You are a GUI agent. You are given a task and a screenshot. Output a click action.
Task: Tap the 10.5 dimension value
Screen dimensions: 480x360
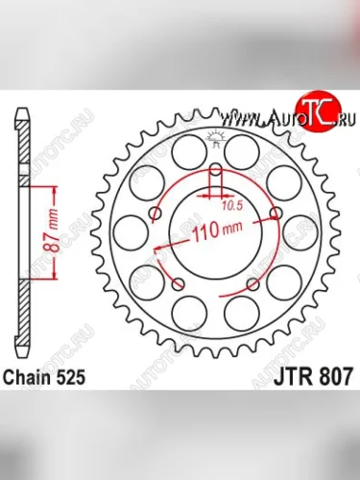231,204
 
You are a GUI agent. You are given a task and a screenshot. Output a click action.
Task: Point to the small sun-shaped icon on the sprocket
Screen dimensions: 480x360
215,141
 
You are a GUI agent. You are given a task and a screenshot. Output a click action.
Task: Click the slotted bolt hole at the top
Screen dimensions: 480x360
215,178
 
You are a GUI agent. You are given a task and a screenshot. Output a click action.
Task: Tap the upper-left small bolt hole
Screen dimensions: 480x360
156,212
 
